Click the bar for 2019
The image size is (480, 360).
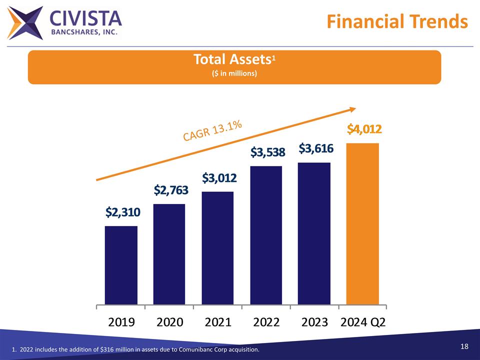click(121, 265)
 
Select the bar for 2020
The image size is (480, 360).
click(169, 254)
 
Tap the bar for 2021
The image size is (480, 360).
click(217, 248)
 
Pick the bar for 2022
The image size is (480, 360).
click(266, 235)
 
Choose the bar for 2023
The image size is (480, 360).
click(314, 233)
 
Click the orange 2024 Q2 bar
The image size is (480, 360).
click(362, 223)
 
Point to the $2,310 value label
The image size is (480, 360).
click(123, 212)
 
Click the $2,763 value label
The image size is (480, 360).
click(171, 190)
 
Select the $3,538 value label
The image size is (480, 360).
click(267, 151)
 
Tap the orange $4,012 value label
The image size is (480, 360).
click(365, 129)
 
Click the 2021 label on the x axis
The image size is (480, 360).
click(218, 321)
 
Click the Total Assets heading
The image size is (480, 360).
click(233, 60)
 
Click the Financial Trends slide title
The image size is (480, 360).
click(397, 21)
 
